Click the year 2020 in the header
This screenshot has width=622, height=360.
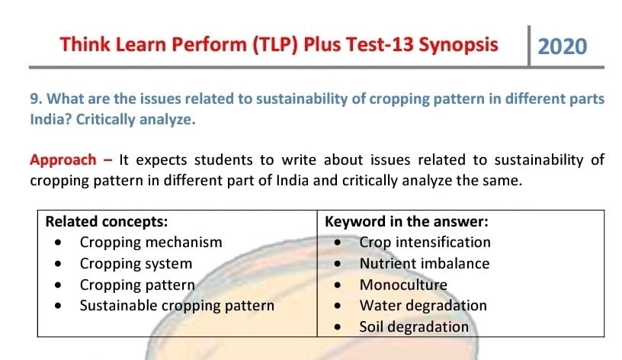(x=562, y=47)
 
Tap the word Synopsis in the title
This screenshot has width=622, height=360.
(x=458, y=45)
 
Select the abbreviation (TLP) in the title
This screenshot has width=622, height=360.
(x=275, y=44)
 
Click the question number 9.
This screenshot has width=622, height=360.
(x=35, y=99)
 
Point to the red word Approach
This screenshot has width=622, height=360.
(x=63, y=160)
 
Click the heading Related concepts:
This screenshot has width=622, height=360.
(x=106, y=221)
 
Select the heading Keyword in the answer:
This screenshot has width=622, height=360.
(x=406, y=221)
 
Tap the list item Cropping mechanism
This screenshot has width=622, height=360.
(x=151, y=243)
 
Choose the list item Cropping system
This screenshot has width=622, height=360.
(x=136, y=264)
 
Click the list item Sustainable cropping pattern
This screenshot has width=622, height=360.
(x=177, y=306)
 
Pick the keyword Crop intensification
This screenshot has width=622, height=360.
(x=425, y=243)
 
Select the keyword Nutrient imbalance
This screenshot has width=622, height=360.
(x=425, y=264)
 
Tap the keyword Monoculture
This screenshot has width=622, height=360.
(x=403, y=285)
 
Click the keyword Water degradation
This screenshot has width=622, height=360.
(x=423, y=306)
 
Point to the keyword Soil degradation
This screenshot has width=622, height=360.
(x=414, y=327)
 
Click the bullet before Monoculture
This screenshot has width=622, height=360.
(x=338, y=285)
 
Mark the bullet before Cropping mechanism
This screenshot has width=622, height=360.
(x=58, y=242)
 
